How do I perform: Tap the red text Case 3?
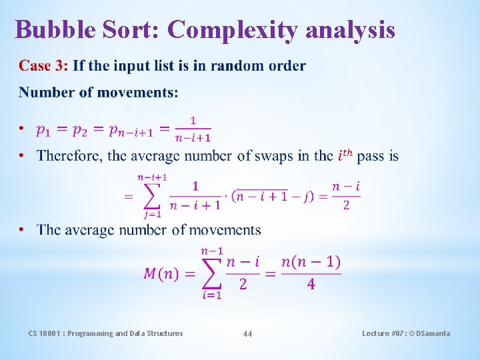[43, 66]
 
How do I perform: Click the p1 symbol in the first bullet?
[44, 131]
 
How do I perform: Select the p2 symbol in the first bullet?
[81, 131]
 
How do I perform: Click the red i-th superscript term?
[346, 155]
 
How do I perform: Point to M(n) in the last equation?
[161, 273]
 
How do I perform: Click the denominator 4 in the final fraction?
[311, 285]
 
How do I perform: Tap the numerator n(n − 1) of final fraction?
[311, 262]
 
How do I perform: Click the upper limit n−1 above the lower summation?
[211, 251]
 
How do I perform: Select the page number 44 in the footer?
[247, 333]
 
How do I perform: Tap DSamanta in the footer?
[432, 333]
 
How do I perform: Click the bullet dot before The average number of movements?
[22, 230]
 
